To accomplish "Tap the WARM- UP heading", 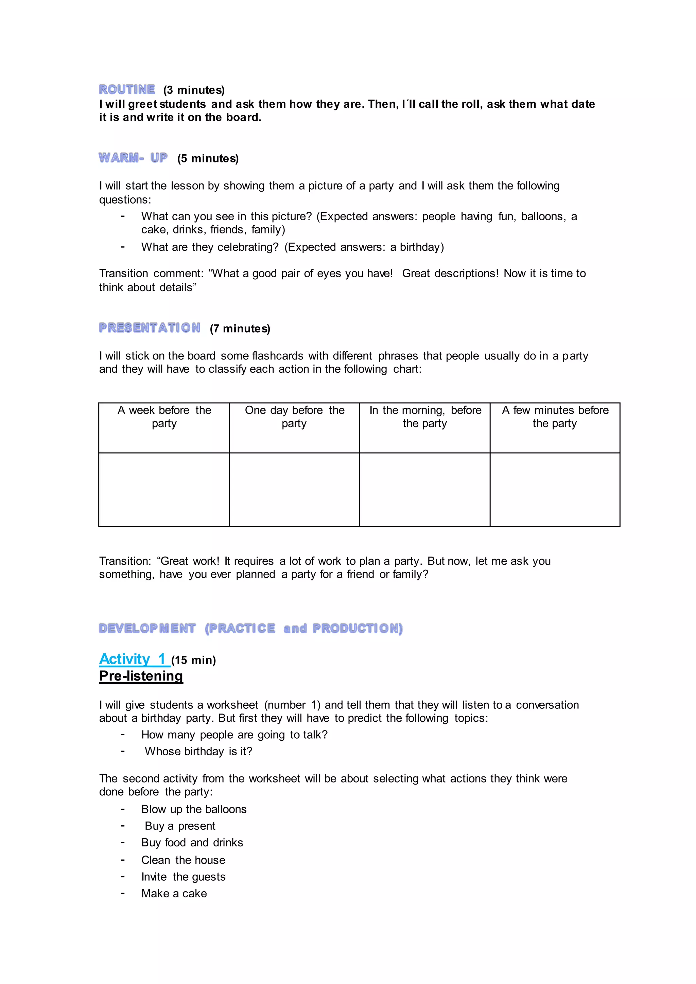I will (x=133, y=158).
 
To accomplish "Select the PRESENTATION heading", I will (x=150, y=328).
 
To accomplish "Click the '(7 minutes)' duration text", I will (x=240, y=329).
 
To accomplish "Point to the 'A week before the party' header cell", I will (x=164, y=417).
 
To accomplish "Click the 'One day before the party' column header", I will (x=294, y=417).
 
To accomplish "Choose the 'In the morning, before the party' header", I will (x=425, y=417).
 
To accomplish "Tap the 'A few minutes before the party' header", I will (x=555, y=417).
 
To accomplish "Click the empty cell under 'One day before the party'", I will (x=294, y=489).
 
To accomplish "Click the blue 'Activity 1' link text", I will (x=133, y=659).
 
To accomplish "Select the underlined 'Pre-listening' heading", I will (x=141, y=676).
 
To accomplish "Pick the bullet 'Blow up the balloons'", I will (x=194, y=809).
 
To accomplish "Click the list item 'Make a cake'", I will (x=174, y=894).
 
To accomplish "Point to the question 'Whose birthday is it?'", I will (x=198, y=751).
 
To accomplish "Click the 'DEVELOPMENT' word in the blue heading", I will (x=147, y=628).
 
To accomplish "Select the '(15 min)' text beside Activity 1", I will (x=194, y=660).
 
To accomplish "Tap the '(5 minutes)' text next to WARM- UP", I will (x=208, y=159).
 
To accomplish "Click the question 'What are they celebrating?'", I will (x=210, y=247).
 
